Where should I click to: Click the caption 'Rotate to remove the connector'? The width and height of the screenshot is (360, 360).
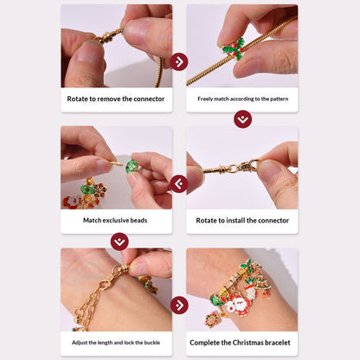pos(116,99)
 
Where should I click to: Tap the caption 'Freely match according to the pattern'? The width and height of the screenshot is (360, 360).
pos(242,99)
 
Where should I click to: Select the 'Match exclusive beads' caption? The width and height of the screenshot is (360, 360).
pos(116,221)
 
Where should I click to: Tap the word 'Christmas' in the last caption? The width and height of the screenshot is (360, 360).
pos(247,343)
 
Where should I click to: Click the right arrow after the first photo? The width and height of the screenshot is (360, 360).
pos(179,61)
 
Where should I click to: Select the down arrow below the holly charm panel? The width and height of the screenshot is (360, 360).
pos(242,119)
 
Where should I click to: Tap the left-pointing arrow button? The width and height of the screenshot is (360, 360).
pos(179,183)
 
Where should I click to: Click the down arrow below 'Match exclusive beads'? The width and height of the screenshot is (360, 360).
pos(119,241)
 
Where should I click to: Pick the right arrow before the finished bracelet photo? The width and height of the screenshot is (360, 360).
pos(179,305)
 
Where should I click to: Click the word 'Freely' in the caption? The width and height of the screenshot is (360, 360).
pos(209,99)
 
